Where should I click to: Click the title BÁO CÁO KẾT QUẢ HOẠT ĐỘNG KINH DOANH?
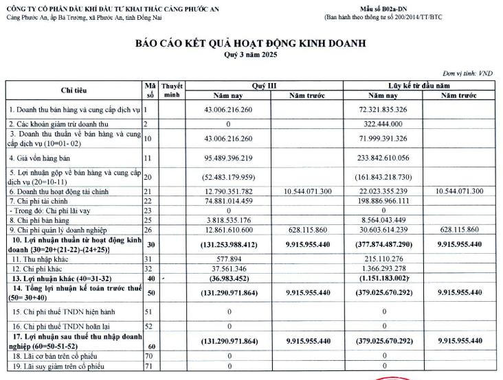point(251,44)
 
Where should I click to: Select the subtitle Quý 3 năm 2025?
point(251,54)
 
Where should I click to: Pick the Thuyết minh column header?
point(171,91)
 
